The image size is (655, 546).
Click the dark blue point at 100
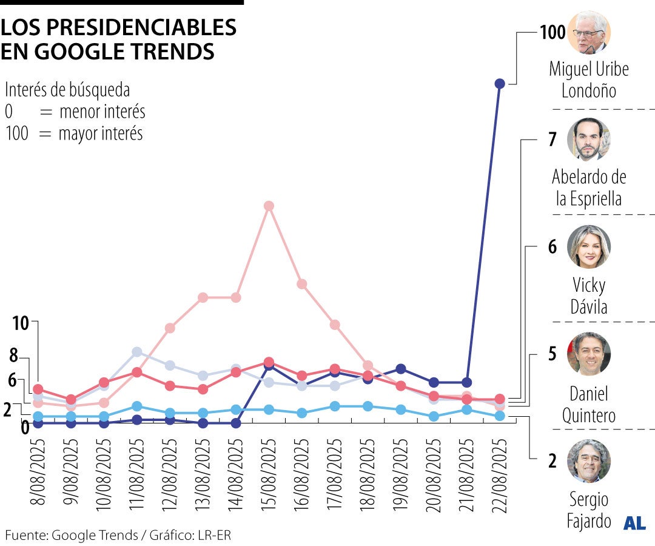(x=500, y=84)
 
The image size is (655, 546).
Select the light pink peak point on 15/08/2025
(x=269, y=206)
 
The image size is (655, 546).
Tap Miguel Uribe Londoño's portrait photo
(x=588, y=32)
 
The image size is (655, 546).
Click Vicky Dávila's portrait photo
(x=588, y=247)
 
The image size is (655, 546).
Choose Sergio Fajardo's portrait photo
(x=588, y=461)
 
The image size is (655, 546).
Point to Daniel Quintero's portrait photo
(x=588, y=354)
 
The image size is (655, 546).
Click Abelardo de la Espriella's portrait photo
(x=588, y=140)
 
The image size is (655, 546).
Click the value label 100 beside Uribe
(x=552, y=32)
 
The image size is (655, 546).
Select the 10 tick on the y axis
(x=20, y=323)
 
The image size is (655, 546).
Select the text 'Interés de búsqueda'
(x=67, y=90)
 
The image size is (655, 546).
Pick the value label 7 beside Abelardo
(x=552, y=140)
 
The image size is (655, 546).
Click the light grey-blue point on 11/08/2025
(x=137, y=352)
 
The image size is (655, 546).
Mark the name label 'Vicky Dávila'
(x=588, y=295)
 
